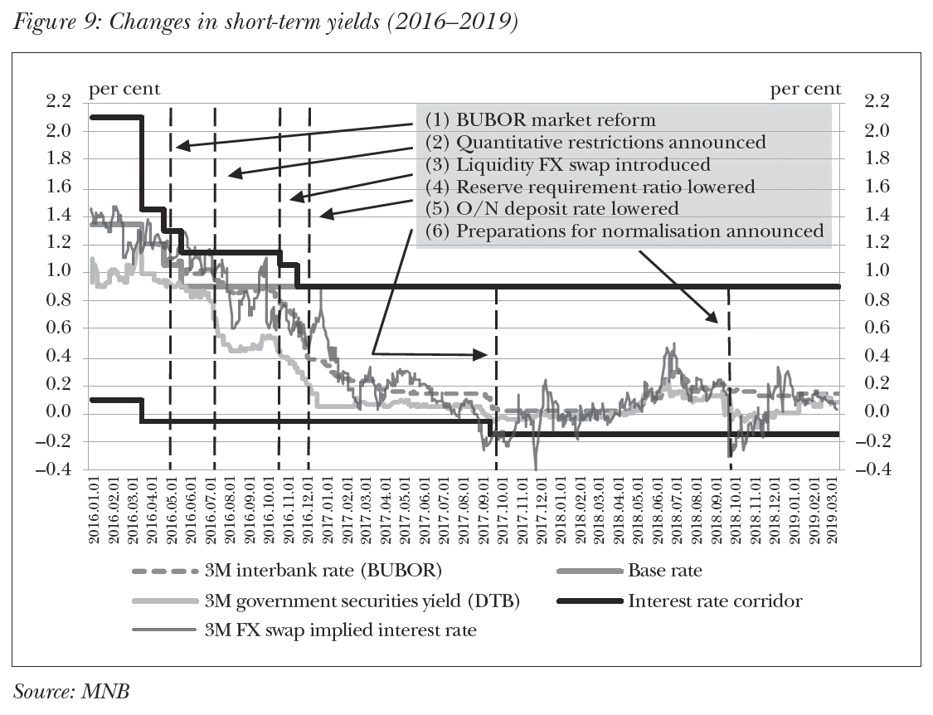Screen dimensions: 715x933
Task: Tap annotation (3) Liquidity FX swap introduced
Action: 568,164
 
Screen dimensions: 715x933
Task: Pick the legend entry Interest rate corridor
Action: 715,601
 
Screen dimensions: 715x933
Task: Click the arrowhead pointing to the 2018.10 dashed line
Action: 714,319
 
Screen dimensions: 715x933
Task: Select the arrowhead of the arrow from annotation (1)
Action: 179,146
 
